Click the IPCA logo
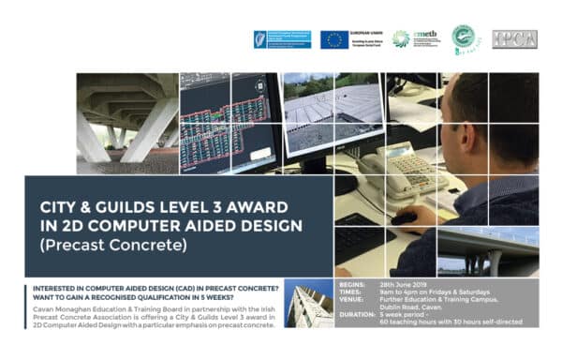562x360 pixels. coord(514,38)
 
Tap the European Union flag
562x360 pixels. coord(334,39)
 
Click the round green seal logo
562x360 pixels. coord(463,38)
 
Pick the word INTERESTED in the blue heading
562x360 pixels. coord(38,286)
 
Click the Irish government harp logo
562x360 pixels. coord(263,38)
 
